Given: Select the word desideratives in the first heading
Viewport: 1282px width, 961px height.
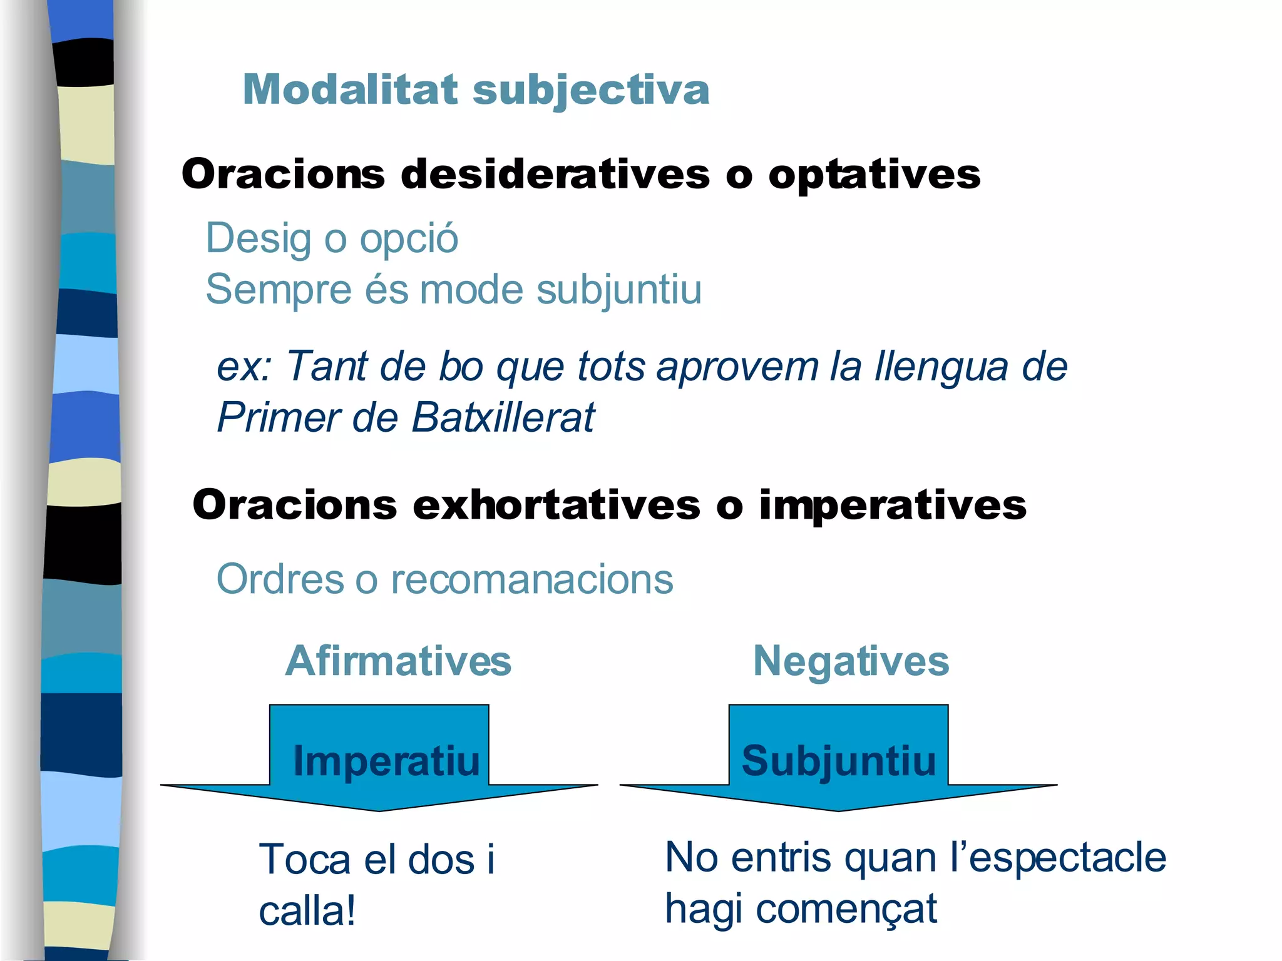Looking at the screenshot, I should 555,174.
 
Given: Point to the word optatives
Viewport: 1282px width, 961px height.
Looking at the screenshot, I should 874,175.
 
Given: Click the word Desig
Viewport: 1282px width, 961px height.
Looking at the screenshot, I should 259,240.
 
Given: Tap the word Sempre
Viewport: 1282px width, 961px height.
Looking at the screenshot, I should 279,290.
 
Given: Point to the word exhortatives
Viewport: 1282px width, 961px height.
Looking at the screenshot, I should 556,505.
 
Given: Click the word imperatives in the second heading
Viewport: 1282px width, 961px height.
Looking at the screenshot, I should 893,505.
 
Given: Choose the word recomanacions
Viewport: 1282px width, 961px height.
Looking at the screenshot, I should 532,579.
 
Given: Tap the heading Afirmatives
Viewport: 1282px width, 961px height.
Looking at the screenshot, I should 398,661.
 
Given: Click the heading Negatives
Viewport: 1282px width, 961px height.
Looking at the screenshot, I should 851,661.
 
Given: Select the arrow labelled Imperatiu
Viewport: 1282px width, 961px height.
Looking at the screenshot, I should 379,760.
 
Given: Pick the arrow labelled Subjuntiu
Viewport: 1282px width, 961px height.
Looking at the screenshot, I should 838,760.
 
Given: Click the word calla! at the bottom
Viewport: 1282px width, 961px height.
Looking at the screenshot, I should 307,911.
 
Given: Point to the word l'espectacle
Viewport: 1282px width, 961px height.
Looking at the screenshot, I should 1057,857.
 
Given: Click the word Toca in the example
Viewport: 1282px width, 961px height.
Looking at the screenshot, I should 305,859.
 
